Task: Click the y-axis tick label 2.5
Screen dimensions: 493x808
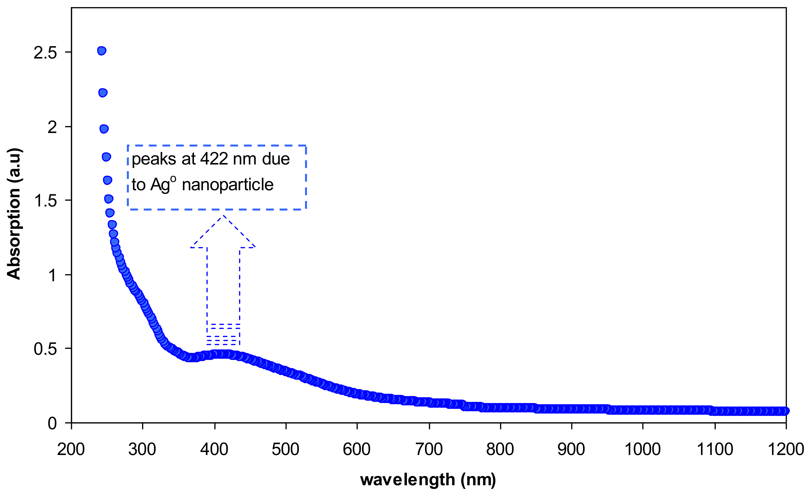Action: (45, 52)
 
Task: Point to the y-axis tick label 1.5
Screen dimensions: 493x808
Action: (45, 200)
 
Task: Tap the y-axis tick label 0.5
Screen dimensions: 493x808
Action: (45, 349)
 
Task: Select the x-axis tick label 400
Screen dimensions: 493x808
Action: (214, 449)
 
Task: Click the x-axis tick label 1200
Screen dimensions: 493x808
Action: (786, 449)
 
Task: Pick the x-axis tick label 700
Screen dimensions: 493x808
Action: (429, 449)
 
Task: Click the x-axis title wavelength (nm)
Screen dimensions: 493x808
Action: (428, 479)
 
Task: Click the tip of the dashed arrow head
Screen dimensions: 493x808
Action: (223, 215)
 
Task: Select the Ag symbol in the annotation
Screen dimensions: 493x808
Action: (160, 185)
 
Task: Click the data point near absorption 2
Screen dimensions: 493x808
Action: (104, 129)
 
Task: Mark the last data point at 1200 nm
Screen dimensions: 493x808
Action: (785, 411)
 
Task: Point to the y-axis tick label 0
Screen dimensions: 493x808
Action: (52, 423)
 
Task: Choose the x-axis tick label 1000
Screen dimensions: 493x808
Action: (642, 449)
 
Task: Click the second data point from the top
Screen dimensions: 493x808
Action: (103, 93)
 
